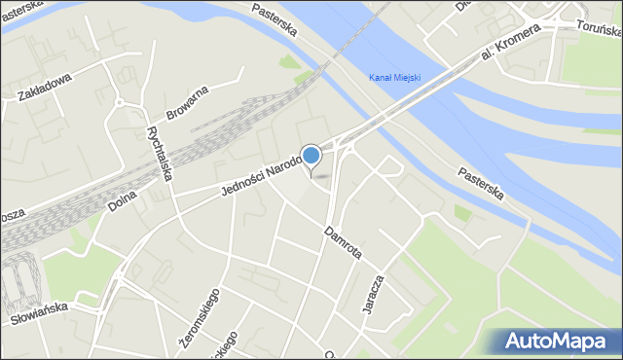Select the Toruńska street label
598,26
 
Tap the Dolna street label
121,198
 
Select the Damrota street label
344,243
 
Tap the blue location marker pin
311,156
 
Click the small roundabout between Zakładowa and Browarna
119,101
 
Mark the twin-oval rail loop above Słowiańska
21,282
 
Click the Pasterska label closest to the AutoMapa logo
481,182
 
